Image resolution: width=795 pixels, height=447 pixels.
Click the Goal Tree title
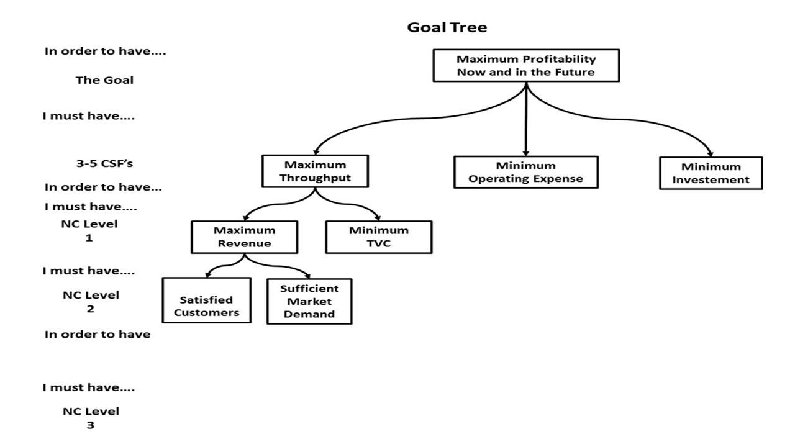pos(447,27)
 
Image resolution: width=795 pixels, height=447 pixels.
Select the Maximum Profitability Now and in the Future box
pos(526,66)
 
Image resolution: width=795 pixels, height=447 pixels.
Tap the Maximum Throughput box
pos(315,171)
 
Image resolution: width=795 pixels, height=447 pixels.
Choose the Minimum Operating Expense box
pos(525,172)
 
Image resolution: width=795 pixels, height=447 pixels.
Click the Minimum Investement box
pos(711,173)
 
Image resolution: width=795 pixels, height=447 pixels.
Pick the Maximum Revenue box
pos(244,237)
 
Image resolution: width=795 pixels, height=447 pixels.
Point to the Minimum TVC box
pos(378,237)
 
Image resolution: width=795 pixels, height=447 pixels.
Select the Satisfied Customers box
pos(206,306)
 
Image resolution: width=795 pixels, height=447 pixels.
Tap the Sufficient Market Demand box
pos(309,301)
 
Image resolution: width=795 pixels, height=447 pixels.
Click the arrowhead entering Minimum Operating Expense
pos(525,153)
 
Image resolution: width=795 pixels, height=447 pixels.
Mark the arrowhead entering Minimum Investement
pos(711,153)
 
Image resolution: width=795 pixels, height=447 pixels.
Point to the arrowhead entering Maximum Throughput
pos(316,152)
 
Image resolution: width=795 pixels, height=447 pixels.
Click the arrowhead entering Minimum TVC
pos(377,218)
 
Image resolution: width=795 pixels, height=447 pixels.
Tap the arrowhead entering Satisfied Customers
pos(207,274)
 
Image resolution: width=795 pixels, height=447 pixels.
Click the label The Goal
pos(104,80)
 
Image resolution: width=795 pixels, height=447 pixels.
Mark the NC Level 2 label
pos(91,302)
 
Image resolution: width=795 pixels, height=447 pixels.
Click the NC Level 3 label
pos(91,418)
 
